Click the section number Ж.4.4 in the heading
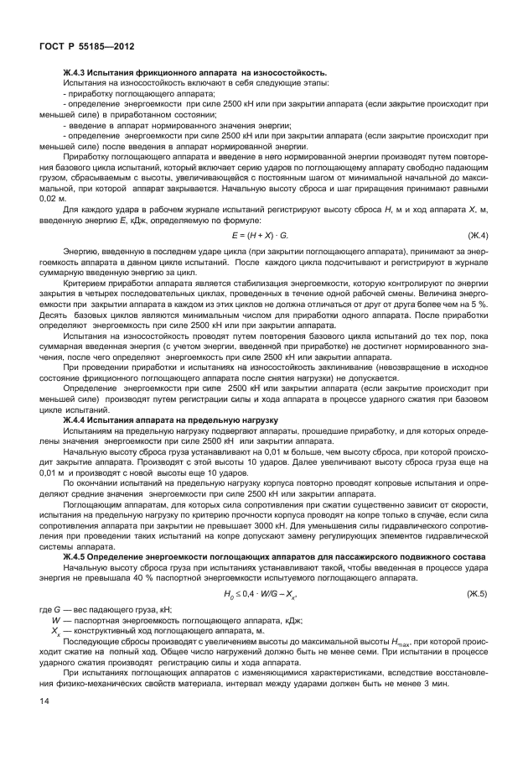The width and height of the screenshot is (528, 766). coord(77,419)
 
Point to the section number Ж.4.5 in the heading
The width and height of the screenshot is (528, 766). coord(77,557)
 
